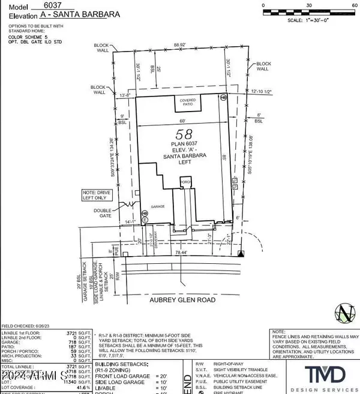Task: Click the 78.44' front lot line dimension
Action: [x=178, y=253]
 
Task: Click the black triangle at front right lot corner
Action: [x=241, y=254]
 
